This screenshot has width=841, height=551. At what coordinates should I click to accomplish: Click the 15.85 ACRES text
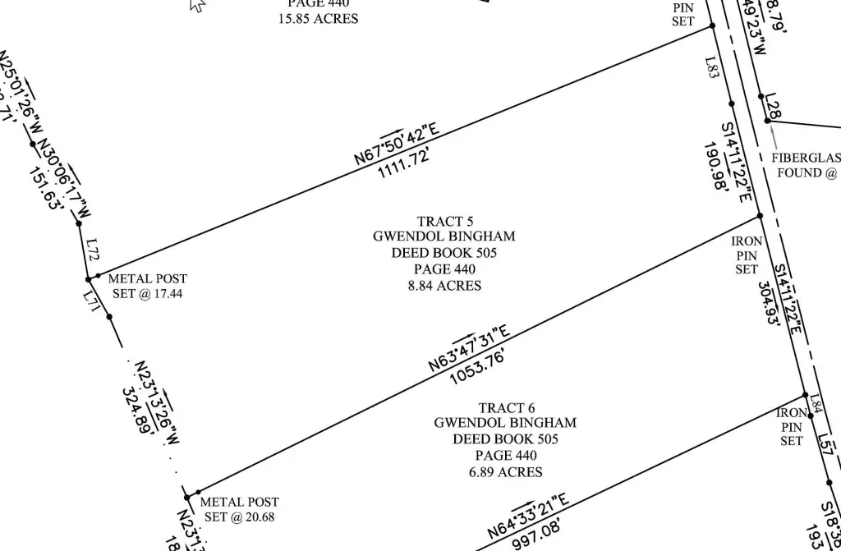(319, 18)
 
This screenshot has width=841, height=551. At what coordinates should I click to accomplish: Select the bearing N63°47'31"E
(469, 348)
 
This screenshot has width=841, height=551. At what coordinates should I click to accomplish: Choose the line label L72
(93, 247)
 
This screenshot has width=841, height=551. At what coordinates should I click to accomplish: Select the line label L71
(90, 302)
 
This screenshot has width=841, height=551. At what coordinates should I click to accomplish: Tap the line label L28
(771, 106)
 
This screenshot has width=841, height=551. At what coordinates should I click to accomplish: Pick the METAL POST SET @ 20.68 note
(240, 509)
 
